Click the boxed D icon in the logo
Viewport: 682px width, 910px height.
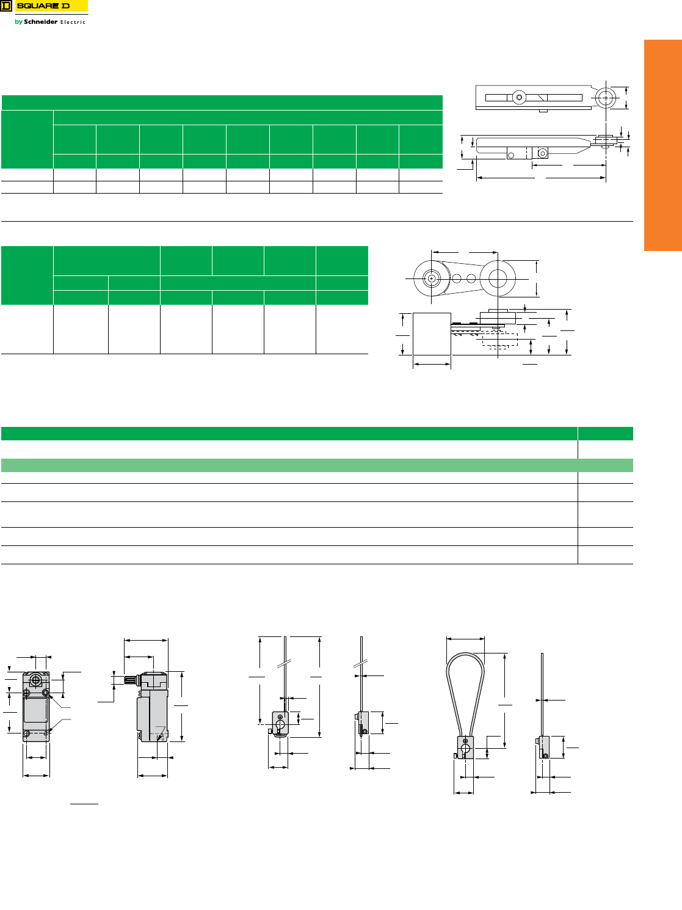click(x=6, y=6)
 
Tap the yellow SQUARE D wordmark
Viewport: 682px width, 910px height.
click(x=51, y=6)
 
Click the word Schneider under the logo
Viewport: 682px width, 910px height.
click(x=41, y=21)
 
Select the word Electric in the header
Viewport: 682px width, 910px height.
click(x=73, y=22)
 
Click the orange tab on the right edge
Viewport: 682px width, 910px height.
click(x=662, y=145)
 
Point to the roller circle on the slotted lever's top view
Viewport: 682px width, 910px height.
click(x=606, y=98)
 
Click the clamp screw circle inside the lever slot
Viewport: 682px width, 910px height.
click(x=519, y=98)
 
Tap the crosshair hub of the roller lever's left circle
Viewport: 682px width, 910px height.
click(x=431, y=278)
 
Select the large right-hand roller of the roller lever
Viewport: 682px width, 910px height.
click(x=498, y=278)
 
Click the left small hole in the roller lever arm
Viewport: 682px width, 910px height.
click(x=457, y=278)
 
